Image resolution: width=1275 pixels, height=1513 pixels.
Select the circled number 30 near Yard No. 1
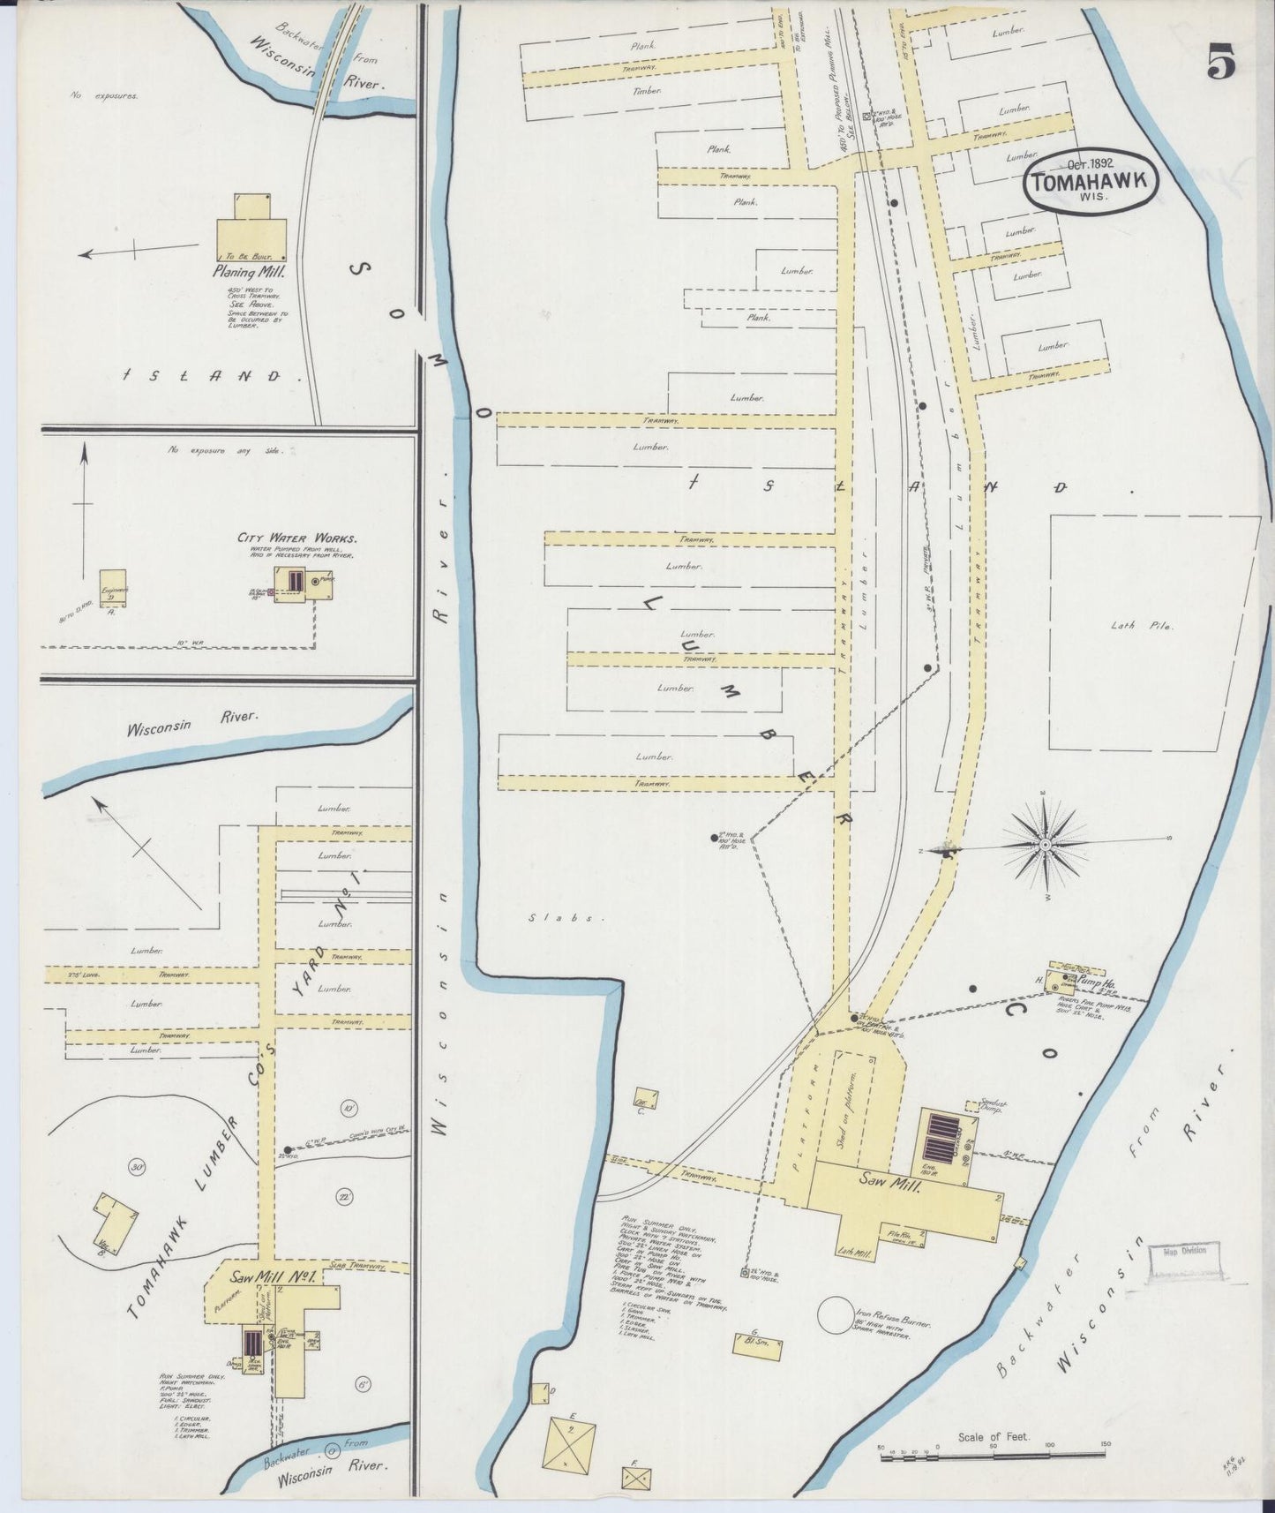137,1167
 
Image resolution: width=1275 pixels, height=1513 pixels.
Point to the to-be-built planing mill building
251,226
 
